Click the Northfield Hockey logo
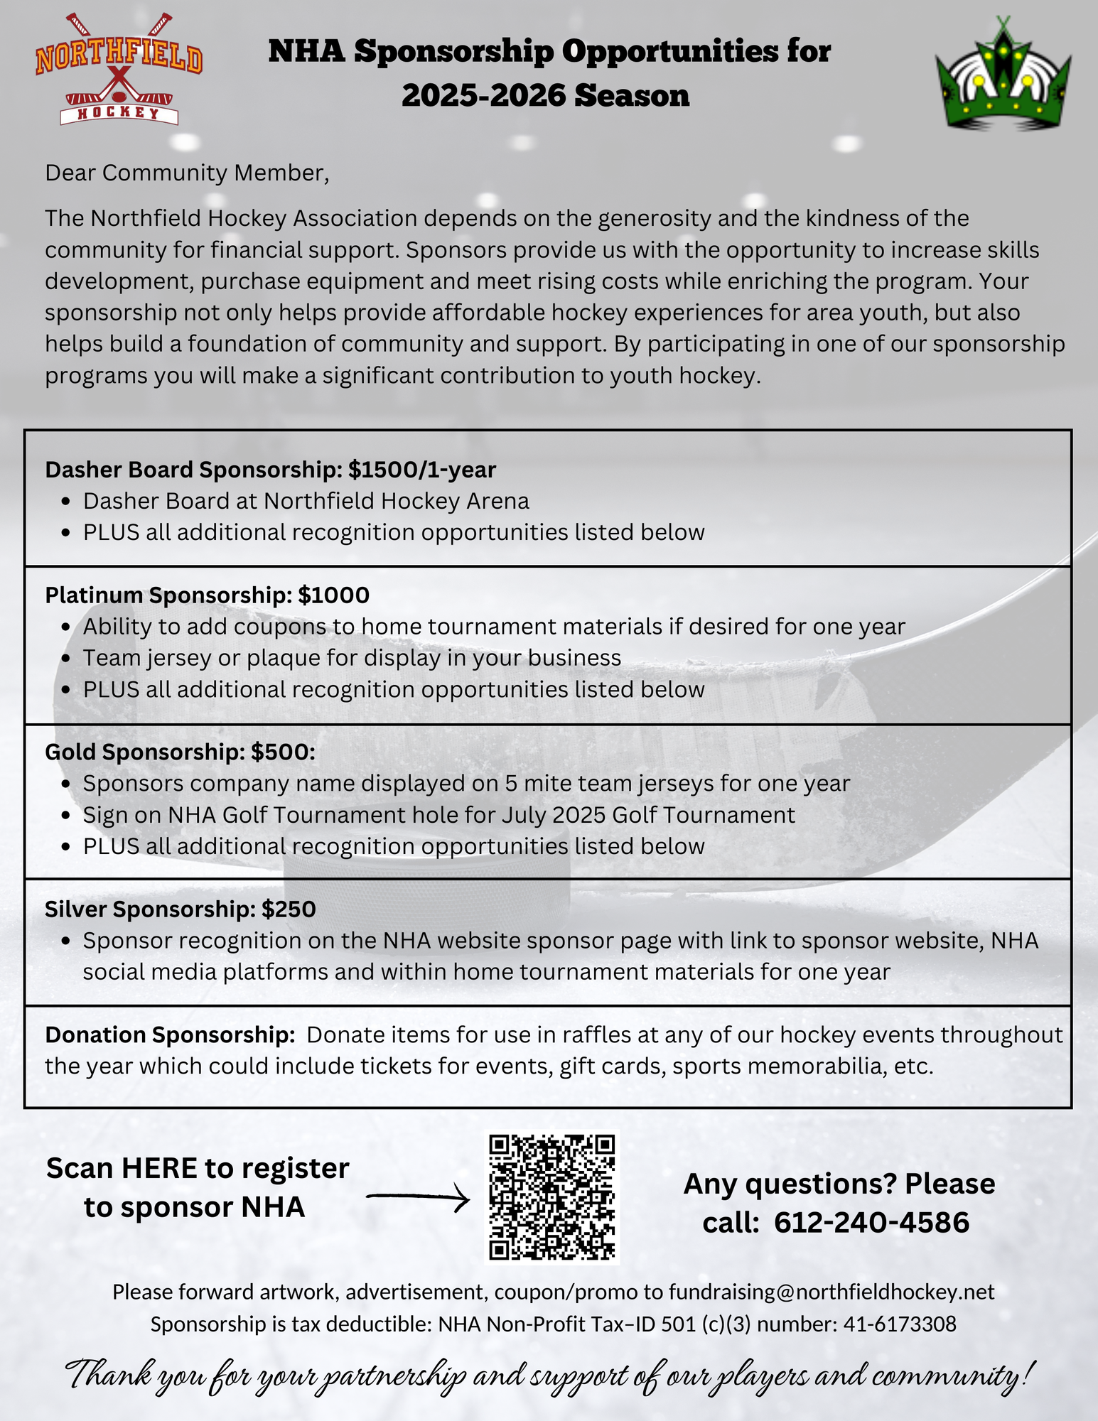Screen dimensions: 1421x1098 [x=119, y=69]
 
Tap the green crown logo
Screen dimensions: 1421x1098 [x=1003, y=75]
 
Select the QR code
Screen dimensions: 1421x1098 [x=552, y=1197]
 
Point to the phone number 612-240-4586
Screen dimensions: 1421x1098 [x=871, y=1223]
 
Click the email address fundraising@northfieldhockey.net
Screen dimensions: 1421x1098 [x=831, y=1292]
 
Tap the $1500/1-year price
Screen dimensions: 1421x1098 [x=422, y=470]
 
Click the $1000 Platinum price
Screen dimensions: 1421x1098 [x=334, y=595]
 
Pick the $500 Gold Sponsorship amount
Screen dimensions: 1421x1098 [x=281, y=752]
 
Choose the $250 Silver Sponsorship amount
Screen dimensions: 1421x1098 [x=289, y=909]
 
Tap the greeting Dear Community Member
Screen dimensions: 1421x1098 [x=187, y=173]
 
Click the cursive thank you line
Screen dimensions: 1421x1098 [x=549, y=1376]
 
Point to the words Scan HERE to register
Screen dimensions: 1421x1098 [x=198, y=1168]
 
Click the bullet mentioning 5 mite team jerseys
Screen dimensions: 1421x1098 [x=466, y=783]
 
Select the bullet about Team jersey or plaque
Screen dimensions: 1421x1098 [x=352, y=658]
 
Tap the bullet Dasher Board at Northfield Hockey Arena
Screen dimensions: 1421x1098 [x=306, y=501]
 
